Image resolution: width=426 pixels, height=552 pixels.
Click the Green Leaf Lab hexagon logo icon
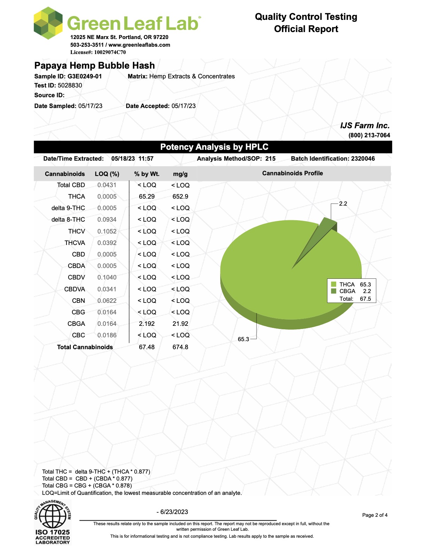tap(48, 23)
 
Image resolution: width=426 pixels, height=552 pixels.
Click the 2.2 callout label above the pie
tap(343, 204)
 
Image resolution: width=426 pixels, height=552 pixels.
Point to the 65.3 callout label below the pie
tap(243, 339)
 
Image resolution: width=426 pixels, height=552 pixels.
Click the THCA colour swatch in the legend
tap(334, 284)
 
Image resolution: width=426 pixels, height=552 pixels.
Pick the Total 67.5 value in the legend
tap(365, 299)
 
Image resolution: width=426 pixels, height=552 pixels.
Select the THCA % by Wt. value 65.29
tap(147, 197)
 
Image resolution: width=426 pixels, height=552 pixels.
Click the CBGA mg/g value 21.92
tap(180, 324)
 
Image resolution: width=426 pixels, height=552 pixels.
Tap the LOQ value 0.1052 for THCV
tap(107, 231)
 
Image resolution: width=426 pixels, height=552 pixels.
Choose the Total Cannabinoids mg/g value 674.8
tap(180, 347)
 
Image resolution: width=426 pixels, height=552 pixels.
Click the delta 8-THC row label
tap(68, 220)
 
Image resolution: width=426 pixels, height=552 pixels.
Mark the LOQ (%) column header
tap(107, 174)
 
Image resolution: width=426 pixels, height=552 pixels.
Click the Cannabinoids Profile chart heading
tap(292, 173)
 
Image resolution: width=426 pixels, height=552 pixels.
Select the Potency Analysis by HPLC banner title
tap(214, 147)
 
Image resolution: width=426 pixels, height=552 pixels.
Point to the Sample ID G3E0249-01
tap(85, 76)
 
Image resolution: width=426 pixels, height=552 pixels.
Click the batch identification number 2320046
tap(363, 159)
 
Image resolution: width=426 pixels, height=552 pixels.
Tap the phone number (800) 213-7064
tap(369, 135)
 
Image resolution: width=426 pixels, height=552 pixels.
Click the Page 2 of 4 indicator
tap(374, 515)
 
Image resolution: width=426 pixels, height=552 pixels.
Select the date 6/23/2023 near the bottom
tap(174, 512)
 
